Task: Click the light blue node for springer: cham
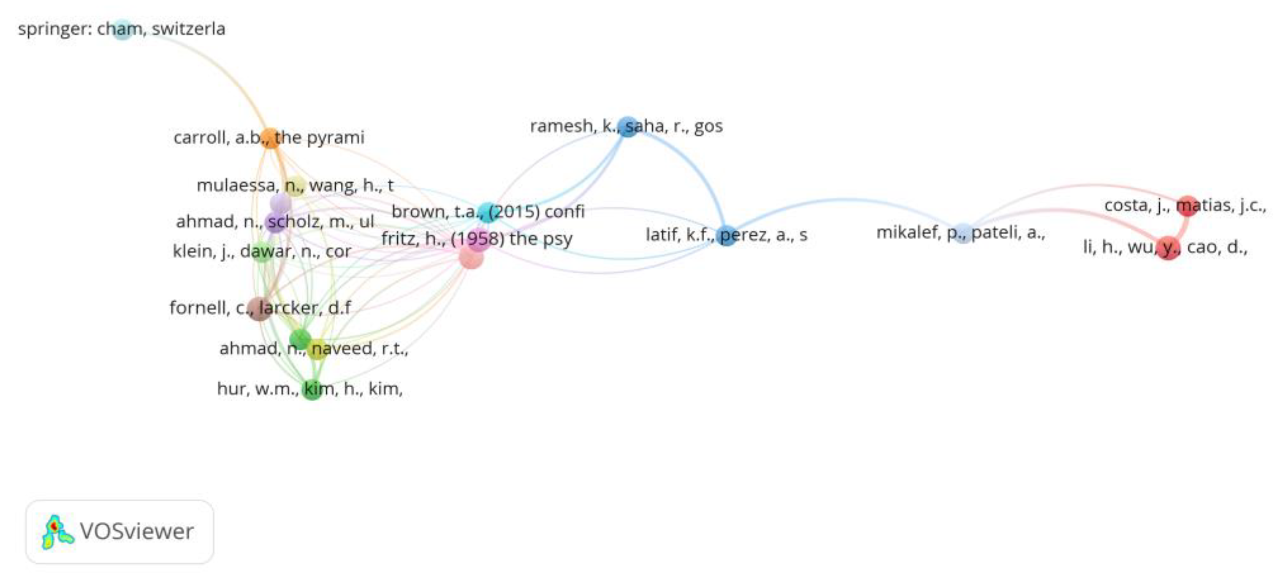[122, 30]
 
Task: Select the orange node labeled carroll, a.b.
[269, 138]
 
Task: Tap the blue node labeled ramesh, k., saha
[627, 127]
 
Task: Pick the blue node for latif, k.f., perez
[727, 235]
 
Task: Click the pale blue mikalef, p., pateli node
[963, 233]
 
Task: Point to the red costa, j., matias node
[1187, 205]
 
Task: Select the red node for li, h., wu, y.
[1168, 248]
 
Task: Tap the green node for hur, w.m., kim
[312, 389]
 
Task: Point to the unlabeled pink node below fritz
[471, 257]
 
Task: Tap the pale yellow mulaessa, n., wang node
[296, 186]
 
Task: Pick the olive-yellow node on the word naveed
[317, 349]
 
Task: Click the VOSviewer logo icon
[57, 532]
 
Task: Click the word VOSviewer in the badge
[136, 532]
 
